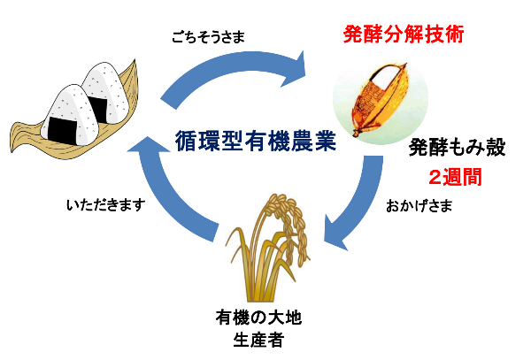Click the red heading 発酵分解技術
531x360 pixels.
click(404, 37)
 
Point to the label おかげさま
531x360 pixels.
click(419, 210)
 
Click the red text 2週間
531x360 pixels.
click(455, 176)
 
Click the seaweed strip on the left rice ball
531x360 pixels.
click(61, 128)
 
